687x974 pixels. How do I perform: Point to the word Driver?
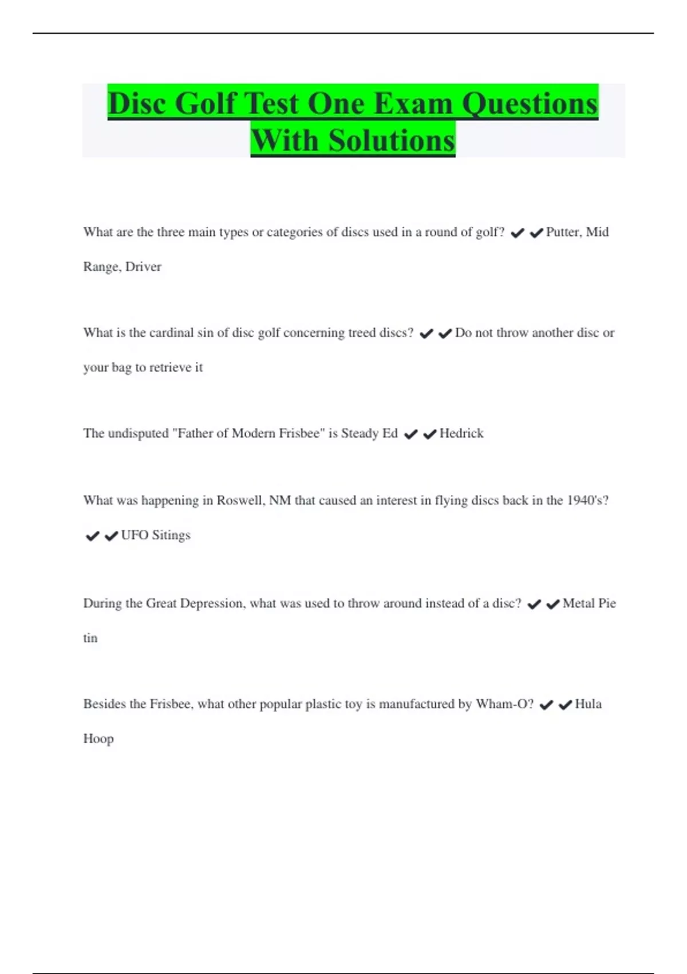[x=143, y=267]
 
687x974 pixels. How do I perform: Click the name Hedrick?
[x=461, y=434]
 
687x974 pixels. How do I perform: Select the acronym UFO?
[x=135, y=535]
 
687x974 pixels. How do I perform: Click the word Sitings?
[x=171, y=535]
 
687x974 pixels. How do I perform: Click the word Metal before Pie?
[x=579, y=603]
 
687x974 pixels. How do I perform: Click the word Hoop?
[x=98, y=739]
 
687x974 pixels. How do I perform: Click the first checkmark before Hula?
[x=546, y=705]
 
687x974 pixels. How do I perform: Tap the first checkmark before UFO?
[x=92, y=536]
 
